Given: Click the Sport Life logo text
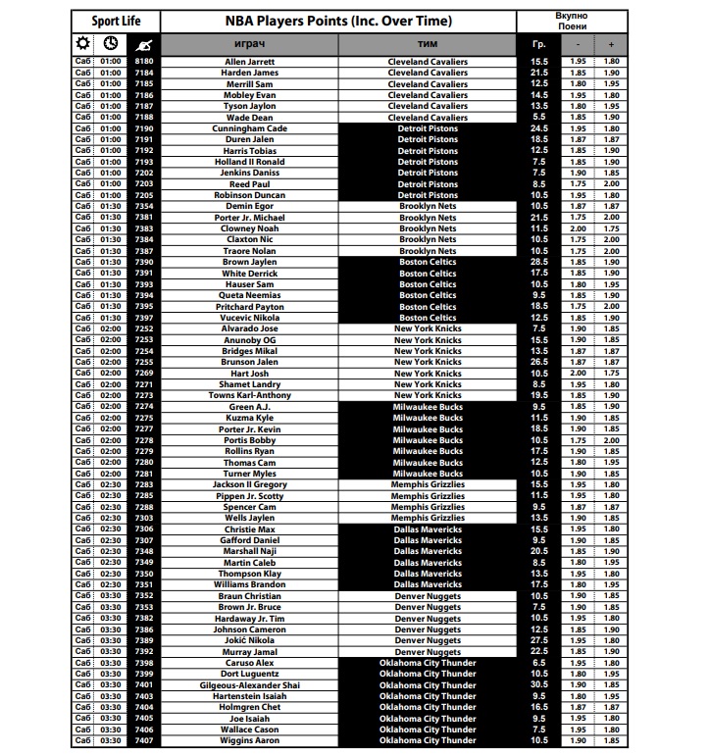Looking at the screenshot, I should click(114, 21).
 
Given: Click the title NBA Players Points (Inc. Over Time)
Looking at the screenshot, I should click(339, 21).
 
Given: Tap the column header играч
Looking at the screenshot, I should click(250, 45).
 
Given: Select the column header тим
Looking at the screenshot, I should click(428, 45).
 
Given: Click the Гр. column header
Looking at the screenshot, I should click(538, 45).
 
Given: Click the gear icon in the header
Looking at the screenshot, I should click(82, 44).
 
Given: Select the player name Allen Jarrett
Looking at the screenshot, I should click(250, 62).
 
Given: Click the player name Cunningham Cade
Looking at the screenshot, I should click(250, 128).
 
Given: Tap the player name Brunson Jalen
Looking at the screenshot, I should click(250, 362).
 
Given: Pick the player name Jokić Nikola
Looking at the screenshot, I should click(250, 640).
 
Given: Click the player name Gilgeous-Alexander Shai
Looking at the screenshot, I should click(250, 685).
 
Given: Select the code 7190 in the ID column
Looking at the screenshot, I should click(144, 128).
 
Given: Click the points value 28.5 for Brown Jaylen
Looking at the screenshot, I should click(538, 263).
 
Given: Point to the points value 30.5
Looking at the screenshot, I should click(538, 685).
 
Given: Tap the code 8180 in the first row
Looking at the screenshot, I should click(144, 62).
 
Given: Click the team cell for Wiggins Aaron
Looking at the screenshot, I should click(428, 741).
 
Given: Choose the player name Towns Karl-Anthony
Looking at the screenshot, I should click(250, 395).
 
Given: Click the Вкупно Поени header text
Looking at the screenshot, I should click(572, 21).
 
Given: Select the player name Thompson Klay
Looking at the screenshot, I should click(250, 574).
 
